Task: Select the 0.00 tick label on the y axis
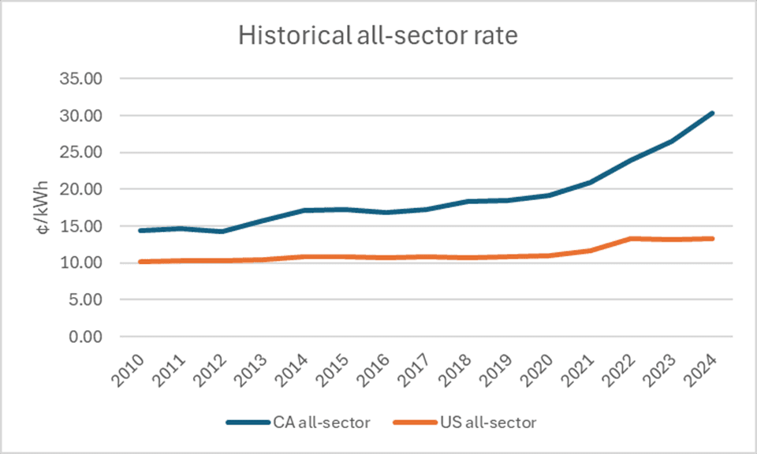tap(88, 337)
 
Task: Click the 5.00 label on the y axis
tap(88, 300)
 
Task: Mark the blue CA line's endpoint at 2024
tap(713, 113)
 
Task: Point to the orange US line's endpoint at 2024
tap(713, 238)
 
